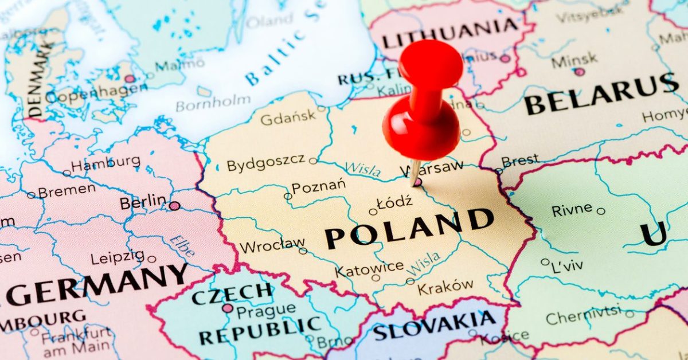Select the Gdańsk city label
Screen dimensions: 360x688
click(x=288, y=118)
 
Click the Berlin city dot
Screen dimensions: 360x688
click(x=174, y=205)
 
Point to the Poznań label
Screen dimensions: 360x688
click(x=318, y=187)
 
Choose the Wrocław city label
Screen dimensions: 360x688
click(x=272, y=246)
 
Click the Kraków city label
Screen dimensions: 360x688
click(x=445, y=286)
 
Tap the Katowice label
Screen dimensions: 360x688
click(x=369, y=268)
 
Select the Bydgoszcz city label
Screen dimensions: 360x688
click(x=265, y=164)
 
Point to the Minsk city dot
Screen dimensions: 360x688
click(x=580, y=72)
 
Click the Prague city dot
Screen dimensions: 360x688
click(x=228, y=308)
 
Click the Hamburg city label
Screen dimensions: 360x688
click(x=105, y=163)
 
